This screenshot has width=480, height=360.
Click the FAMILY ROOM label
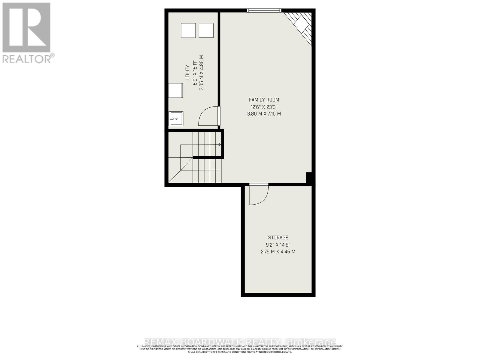[264, 100]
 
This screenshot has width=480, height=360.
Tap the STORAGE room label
[278, 238]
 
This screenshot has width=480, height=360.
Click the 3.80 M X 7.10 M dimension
[264, 114]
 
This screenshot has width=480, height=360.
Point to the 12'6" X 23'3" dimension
[264, 107]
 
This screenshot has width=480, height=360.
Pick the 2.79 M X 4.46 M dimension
[278, 252]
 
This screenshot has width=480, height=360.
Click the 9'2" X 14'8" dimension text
[278, 245]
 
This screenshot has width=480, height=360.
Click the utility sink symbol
[176, 119]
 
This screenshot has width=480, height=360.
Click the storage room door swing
[258, 195]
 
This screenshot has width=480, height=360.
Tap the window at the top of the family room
[264, 11]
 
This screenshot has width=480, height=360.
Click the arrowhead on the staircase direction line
[220, 145]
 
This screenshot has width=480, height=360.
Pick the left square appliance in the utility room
[188, 31]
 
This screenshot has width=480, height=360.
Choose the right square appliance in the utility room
[206, 31]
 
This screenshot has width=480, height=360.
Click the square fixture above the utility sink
[175, 91]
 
